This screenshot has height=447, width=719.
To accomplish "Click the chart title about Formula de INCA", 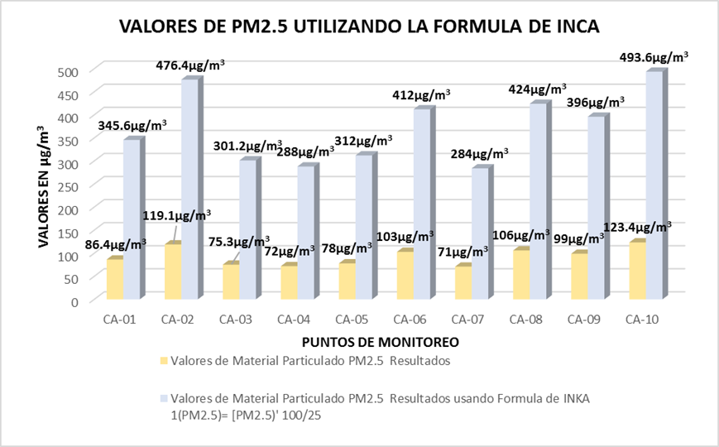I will (x=359, y=26).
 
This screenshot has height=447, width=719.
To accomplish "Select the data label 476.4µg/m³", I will (x=189, y=62).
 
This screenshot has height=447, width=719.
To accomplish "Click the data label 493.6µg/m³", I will (x=654, y=58).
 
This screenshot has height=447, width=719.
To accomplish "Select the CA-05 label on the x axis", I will (x=352, y=319).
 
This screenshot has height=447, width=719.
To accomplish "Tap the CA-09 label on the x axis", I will (x=584, y=319).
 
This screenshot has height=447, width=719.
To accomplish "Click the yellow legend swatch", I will (x=162, y=361).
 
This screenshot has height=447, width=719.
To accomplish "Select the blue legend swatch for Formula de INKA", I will (x=162, y=399).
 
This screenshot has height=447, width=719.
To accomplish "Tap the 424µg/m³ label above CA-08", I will (x=538, y=89).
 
